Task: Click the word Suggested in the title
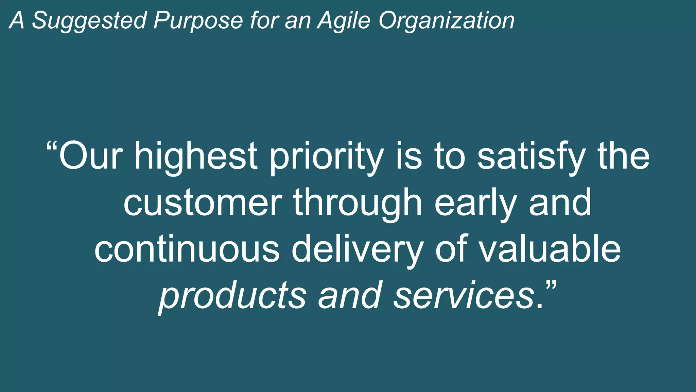[89, 20]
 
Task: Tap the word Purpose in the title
[198, 20]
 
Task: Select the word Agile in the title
[343, 20]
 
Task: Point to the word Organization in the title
[447, 20]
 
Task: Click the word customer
[203, 203]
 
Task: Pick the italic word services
[464, 295]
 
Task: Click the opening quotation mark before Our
[52, 147]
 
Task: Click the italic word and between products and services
[350, 295]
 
